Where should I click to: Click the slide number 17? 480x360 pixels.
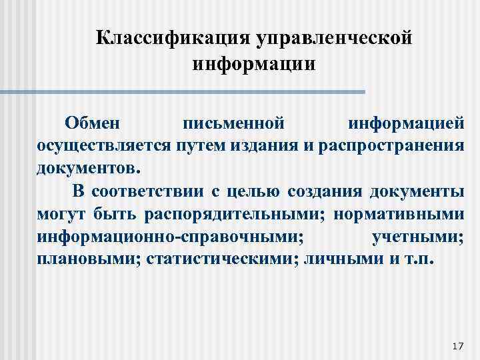pyautogui.click(x=457, y=346)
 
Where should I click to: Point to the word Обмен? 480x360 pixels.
pyautogui.click(x=93, y=123)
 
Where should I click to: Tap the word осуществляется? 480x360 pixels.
pyautogui.click(x=105, y=145)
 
